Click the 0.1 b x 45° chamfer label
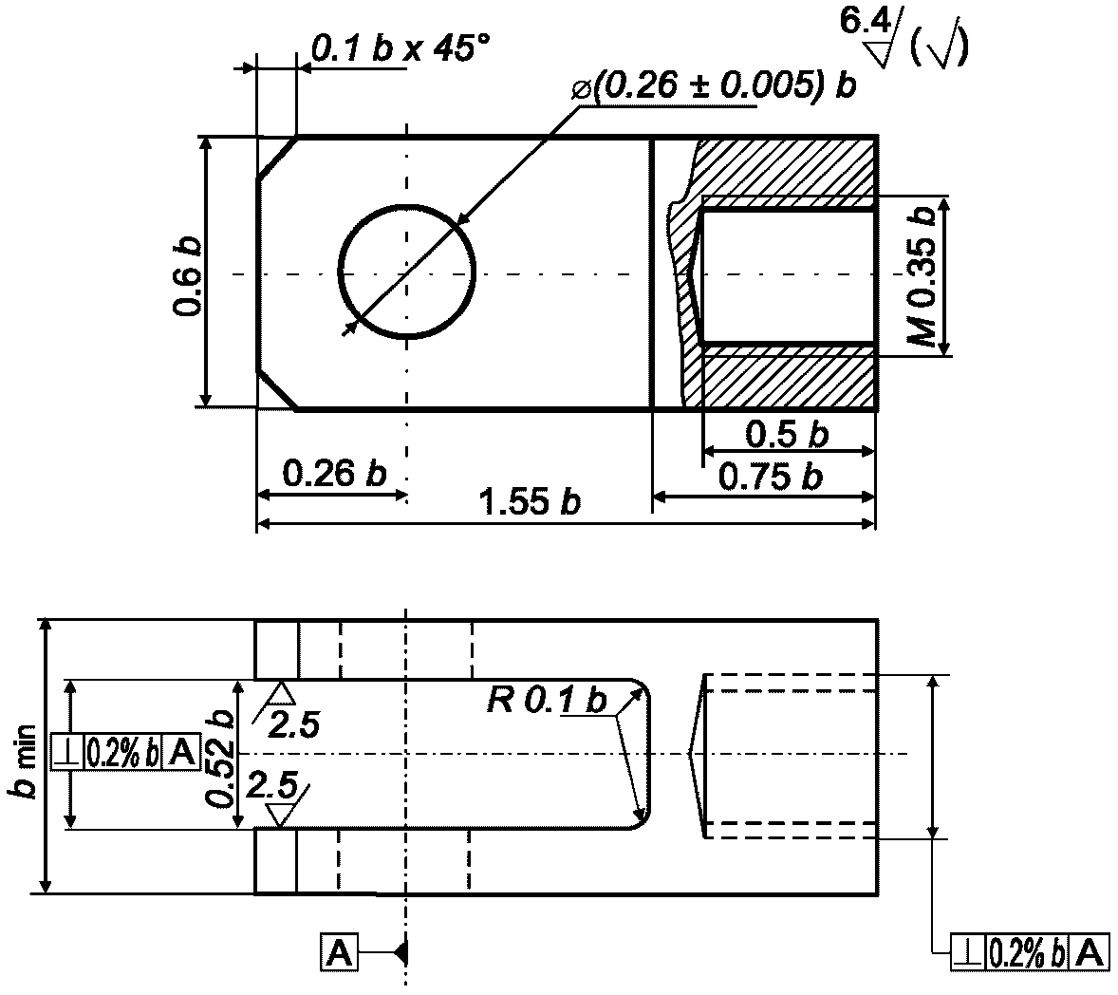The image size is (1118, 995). (x=401, y=48)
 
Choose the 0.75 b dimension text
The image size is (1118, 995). (x=771, y=477)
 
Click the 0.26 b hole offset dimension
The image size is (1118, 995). (x=334, y=473)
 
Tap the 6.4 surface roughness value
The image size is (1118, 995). (x=865, y=22)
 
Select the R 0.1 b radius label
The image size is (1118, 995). (x=547, y=700)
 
